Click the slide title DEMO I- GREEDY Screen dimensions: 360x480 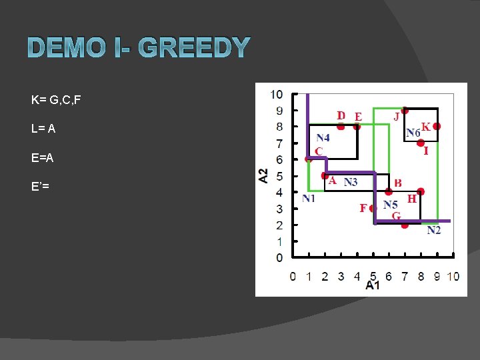[139, 49]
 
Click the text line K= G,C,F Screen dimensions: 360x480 [56, 101]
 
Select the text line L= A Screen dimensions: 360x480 [43, 129]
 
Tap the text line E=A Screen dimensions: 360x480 [42, 158]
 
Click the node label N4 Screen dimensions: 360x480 [323, 138]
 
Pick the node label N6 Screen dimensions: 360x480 [413, 133]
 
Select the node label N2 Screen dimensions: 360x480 [433, 230]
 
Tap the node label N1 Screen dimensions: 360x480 [309, 198]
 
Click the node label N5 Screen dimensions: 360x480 [391, 205]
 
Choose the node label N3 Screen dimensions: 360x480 [351, 182]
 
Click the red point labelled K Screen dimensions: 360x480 [437, 126]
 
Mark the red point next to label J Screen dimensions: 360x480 [405, 111]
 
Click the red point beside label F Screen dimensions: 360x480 [373, 209]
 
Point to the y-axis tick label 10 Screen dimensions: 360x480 [276, 94]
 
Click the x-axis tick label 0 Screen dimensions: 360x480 [293, 276]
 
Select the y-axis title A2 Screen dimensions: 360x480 [264, 175]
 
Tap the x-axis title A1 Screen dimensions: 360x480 [373, 285]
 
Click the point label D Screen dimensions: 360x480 [341, 115]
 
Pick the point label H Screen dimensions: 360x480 [411, 199]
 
